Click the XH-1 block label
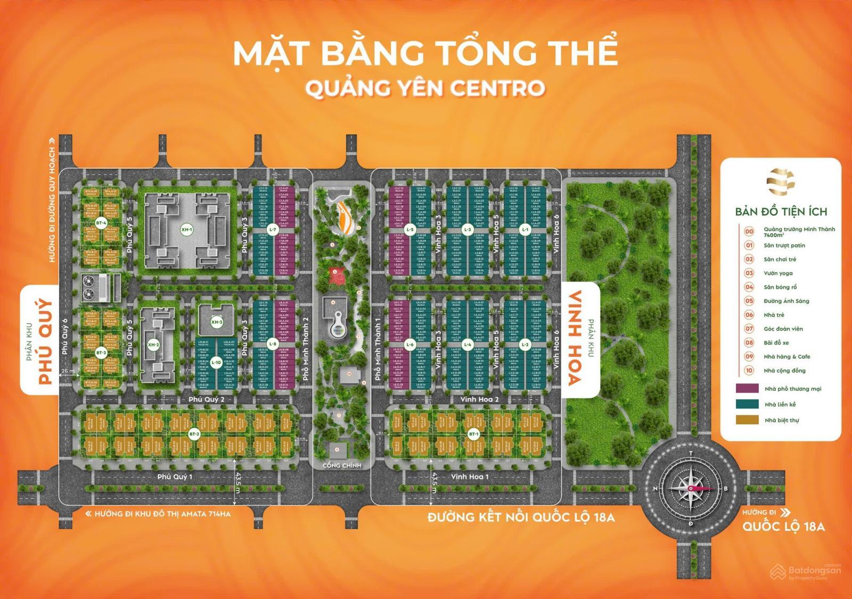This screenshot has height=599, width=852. click(x=186, y=230)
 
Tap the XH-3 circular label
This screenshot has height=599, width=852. click(x=216, y=322)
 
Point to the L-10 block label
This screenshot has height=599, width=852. click(x=216, y=363)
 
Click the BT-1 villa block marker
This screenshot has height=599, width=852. click(x=473, y=435)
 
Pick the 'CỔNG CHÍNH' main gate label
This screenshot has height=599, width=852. click(x=342, y=465)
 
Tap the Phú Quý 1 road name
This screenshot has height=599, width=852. click(x=175, y=477)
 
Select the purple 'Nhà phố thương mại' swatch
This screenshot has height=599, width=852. click(x=747, y=388)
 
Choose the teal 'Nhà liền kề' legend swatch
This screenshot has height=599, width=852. click(x=747, y=404)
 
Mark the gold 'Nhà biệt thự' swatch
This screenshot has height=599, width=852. click(x=747, y=420)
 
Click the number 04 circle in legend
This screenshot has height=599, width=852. click(x=749, y=287)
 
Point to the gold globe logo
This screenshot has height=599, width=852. click(x=781, y=182)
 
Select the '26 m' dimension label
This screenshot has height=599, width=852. click(x=68, y=371)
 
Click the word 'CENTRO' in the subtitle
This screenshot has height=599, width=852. click(x=497, y=88)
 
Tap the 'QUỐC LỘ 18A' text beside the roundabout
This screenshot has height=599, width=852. click(x=784, y=527)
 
